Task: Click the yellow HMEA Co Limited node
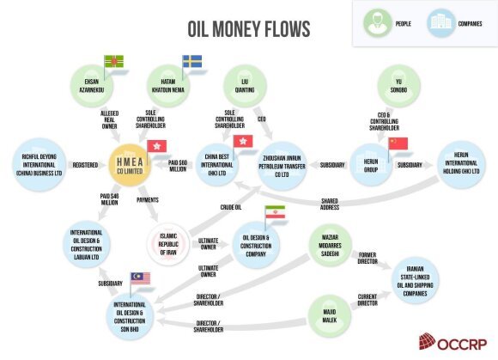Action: point(130,165)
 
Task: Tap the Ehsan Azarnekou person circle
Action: point(92,86)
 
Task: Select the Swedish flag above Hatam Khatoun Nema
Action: point(192,61)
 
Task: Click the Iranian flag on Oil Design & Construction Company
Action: point(276,212)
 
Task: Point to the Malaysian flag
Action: point(140,278)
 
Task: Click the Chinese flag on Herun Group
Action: point(398,143)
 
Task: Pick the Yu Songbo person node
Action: point(399,86)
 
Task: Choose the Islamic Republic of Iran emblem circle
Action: point(168,244)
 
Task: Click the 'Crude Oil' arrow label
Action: point(231,207)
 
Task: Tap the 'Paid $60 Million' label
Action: point(178,166)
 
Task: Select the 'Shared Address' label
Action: point(330,204)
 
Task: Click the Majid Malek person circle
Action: point(330,316)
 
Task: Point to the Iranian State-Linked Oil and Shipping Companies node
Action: point(415,281)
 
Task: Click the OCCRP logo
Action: point(452,342)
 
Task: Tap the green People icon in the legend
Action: point(378,23)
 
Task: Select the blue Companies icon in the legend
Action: point(441,23)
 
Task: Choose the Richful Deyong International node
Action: point(39,165)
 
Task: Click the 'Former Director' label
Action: point(367,258)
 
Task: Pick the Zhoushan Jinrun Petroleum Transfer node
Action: point(282,166)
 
